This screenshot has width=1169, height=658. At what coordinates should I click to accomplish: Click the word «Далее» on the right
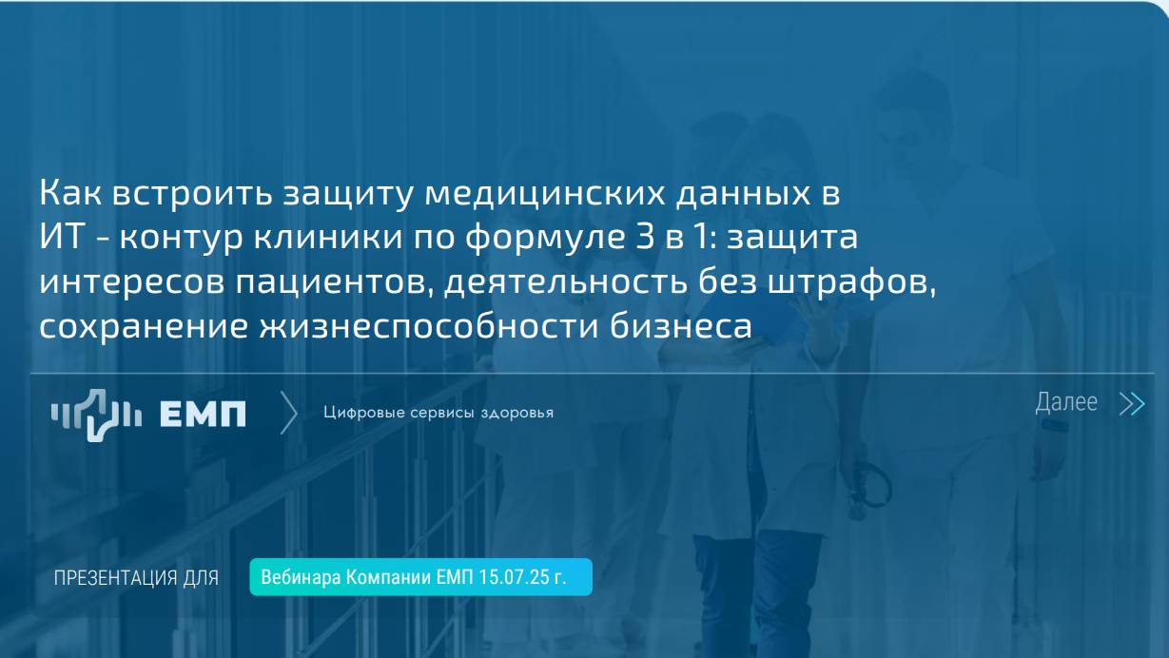click(1065, 403)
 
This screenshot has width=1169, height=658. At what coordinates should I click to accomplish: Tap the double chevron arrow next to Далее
click(1131, 404)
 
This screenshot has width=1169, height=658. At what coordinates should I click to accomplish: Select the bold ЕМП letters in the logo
click(203, 414)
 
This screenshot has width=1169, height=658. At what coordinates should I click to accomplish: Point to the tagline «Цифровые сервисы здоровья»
click(438, 413)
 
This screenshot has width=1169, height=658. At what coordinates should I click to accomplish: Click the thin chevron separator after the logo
click(289, 413)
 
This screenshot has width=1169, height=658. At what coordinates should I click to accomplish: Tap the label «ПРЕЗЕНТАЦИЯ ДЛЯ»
click(136, 578)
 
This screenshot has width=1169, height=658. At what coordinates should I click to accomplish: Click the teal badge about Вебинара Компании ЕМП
click(420, 577)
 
